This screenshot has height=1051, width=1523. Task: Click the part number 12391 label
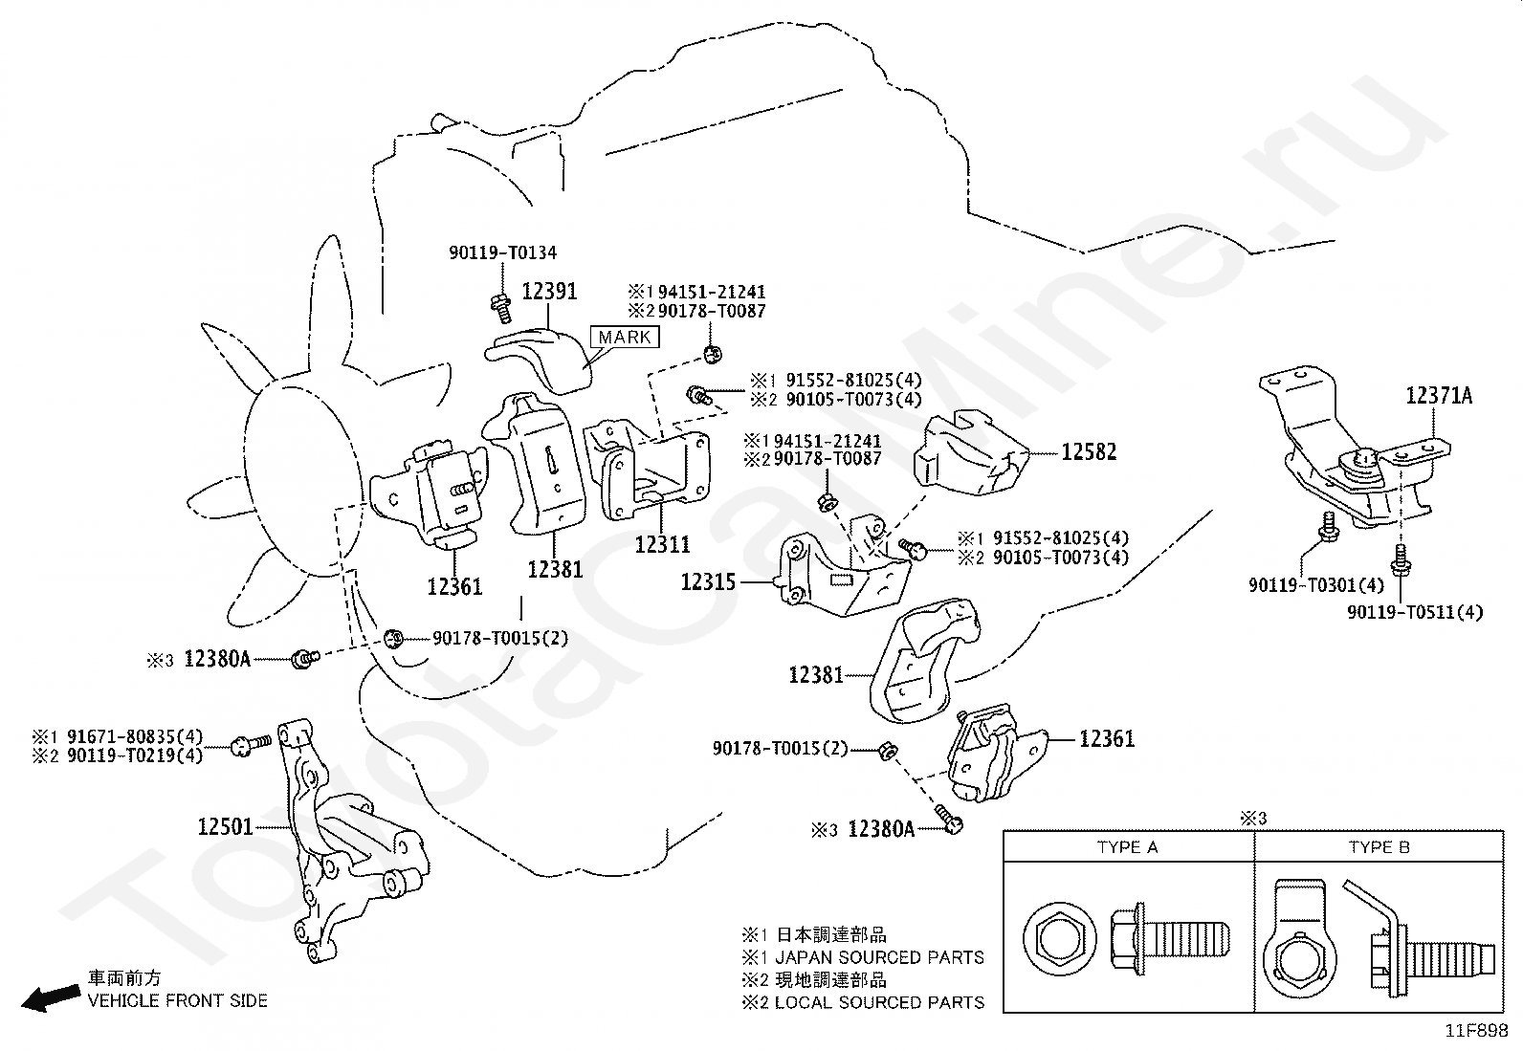(x=549, y=291)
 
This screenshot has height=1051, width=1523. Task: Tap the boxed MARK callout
(x=625, y=337)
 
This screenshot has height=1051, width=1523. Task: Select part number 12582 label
(x=1089, y=451)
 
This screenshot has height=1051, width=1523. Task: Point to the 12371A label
(x=1439, y=395)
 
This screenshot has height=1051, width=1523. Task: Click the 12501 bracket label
(x=226, y=826)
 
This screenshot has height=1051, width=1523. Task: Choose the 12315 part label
(x=709, y=581)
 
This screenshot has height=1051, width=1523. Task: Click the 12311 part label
(x=662, y=544)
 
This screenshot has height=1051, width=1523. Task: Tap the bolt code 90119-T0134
(x=503, y=253)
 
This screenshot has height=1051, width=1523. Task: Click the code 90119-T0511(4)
(x=1415, y=612)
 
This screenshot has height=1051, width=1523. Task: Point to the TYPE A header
(x=1127, y=847)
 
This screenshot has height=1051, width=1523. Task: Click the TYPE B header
(x=1379, y=847)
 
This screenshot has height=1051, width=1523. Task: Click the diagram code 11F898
(x=1476, y=1031)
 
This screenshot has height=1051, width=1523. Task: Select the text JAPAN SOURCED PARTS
(x=879, y=957)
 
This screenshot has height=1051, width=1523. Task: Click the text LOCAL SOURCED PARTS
(x=879, y=1002)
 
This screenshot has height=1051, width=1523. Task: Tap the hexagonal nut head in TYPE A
(x=1057, y=935)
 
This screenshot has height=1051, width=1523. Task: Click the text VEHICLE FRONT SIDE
(x=178, y=1001)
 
